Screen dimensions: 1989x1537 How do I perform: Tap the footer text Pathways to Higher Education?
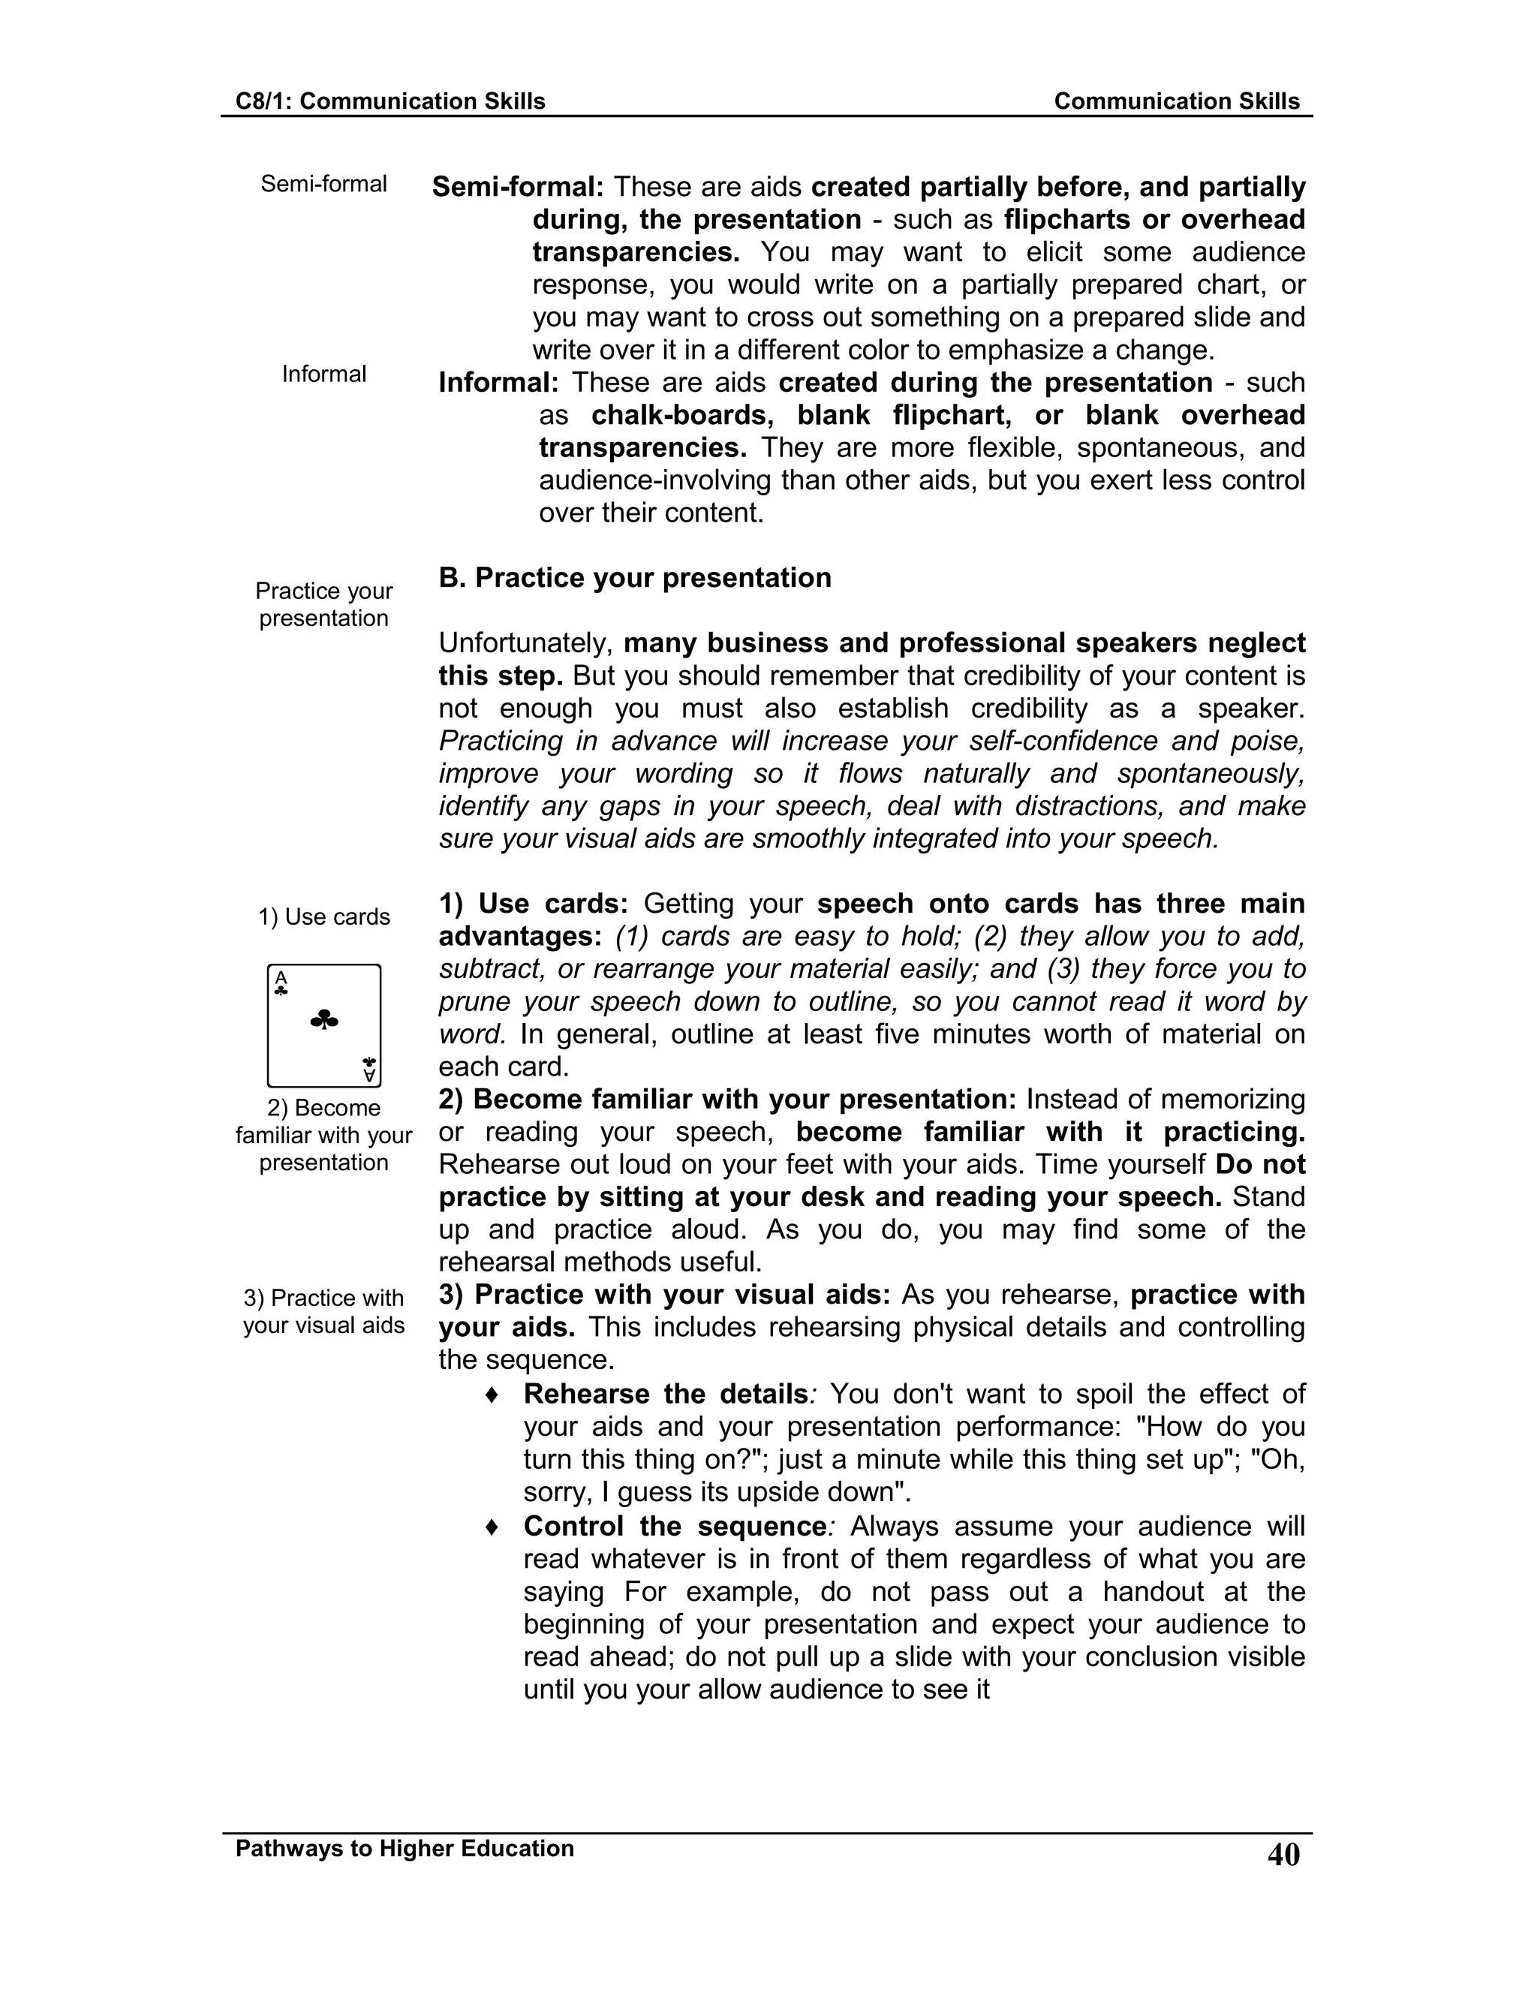click(405, 1848)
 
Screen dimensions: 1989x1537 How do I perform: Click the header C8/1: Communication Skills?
click(390, 101)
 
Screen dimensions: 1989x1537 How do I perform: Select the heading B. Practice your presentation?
click(635, 577)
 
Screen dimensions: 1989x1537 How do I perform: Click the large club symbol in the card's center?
click(324, 1020)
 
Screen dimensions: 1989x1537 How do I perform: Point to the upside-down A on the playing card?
click(368, 1076)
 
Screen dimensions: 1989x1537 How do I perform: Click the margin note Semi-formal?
click(323, 184)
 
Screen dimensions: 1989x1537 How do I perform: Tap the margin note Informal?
click(323, 375)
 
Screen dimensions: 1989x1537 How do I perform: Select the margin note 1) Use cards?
click(323, 917)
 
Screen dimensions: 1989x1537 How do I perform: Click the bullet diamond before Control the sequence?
click(492, 1527)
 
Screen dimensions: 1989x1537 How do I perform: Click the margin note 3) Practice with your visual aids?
click(323, 1311)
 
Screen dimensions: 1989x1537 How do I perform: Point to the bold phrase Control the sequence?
click(675, 1527)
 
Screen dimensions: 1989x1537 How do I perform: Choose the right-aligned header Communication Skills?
click(1177, 101)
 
